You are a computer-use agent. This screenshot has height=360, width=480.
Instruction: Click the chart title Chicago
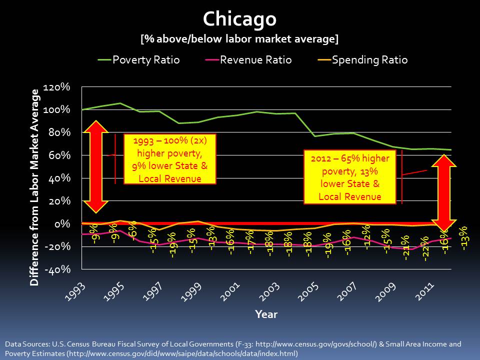tap(239, 19)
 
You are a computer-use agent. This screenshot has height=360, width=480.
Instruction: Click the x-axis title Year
tap(266, 314)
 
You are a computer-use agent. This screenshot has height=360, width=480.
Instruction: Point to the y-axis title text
tap(35, 187)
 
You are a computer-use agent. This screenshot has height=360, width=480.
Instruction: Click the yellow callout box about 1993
tap(169, 159)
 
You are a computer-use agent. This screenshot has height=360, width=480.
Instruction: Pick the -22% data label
tap(425, 249)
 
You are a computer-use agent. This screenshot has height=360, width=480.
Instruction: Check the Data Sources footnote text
tap(233, 348)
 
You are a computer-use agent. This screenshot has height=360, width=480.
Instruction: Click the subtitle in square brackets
tap(239, 38)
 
